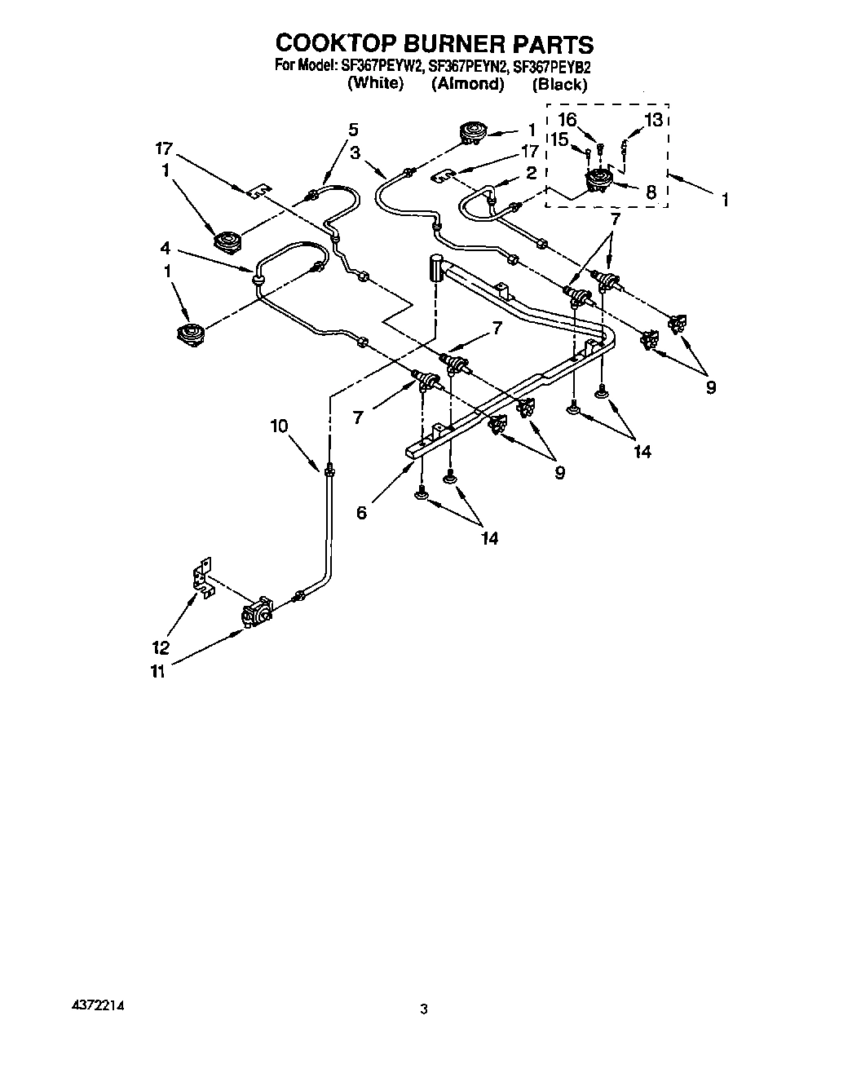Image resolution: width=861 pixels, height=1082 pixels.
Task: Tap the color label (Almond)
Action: tap(466, 84)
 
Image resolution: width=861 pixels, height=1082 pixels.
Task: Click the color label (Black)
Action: tap(559, 84)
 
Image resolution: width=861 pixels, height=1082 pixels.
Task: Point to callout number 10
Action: tap(280, 425)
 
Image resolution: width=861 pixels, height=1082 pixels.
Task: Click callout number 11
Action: tap(157, 671)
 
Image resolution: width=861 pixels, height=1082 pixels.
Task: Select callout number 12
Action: tap(161, 647)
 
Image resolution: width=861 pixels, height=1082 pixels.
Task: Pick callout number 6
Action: tap(361, 512)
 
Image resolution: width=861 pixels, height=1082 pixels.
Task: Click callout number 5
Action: tap(352, 129)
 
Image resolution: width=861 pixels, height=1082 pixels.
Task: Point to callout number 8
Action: tap(651, 192)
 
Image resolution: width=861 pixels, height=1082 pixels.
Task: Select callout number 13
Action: tap(654, 120)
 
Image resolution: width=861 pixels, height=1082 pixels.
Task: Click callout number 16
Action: tap(567, 120)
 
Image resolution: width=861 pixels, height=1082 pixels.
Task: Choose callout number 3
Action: tap(355, 152)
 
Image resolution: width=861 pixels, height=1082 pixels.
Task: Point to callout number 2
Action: tap(530, 173)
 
